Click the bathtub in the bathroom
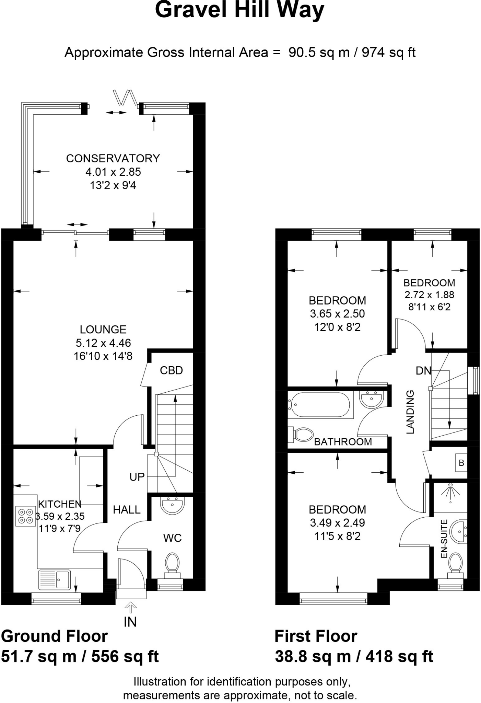(320, 405)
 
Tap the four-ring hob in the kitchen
(26, 516)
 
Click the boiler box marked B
(461, 463)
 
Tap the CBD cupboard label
(171, 370)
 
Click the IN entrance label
(130, 622)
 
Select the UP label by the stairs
(137, 476)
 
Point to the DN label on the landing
(423, 370)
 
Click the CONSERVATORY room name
(113, 158)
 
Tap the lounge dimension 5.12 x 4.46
(103, 343)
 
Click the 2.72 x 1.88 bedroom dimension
(429, 295)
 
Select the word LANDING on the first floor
(410, 412)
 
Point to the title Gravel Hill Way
(239, 10)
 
